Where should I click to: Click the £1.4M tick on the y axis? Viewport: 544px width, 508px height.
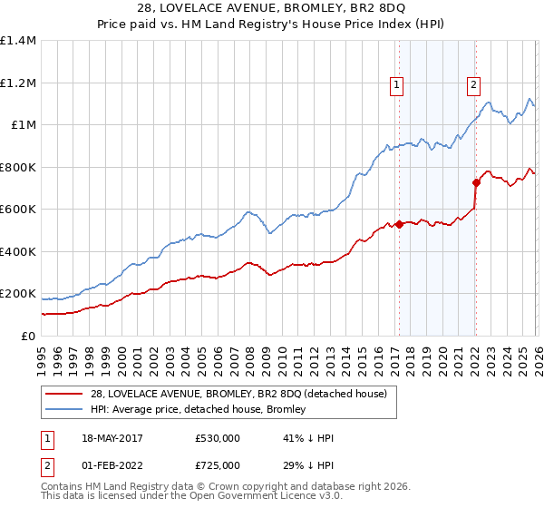[x=18, y=41]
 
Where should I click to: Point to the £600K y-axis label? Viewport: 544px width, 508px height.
[x=18, y=210]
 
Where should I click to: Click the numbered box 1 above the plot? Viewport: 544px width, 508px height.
[x=397, y=85]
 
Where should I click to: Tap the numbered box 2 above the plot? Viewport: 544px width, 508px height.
[x=473, y=85]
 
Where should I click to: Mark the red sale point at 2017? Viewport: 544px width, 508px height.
[x=399, y=224]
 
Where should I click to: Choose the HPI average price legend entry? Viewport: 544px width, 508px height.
[x=197, y=409]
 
